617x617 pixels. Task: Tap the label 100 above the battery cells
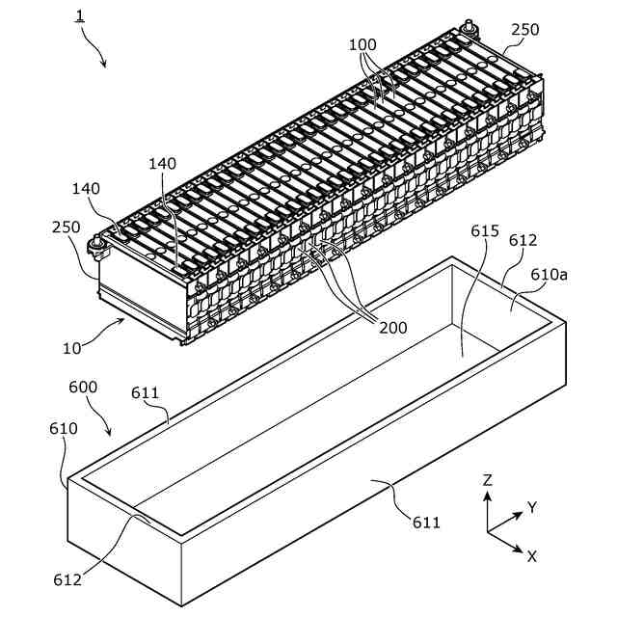pyautogui.click(x=362, y=44)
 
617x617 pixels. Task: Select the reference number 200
pyautogui.click(x=392, y=328)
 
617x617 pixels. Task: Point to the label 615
pyautogui.click(x=485, y=231)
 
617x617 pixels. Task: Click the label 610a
pyautogui.click(x=549, y=274)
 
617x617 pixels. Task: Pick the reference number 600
pyautogui.click(x=83, y=387)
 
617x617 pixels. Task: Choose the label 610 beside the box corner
pyautogui.click(x=64, y=427)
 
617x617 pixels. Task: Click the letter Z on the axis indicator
pyautogui.click(x=488, y=479)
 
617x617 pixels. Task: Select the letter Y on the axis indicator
pyautogui.click(x=531, y=506)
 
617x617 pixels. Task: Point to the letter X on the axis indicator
pyautogui.click(x=531, y=555)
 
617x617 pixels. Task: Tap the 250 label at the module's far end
pyautogui.click(x=524, y=30)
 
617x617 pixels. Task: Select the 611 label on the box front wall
pyautogui.click(x=425, y=523)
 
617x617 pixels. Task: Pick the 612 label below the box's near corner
pyautogui.click(x=67, y=579)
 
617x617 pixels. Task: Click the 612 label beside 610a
pyautogui.click(x=523, y=240)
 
